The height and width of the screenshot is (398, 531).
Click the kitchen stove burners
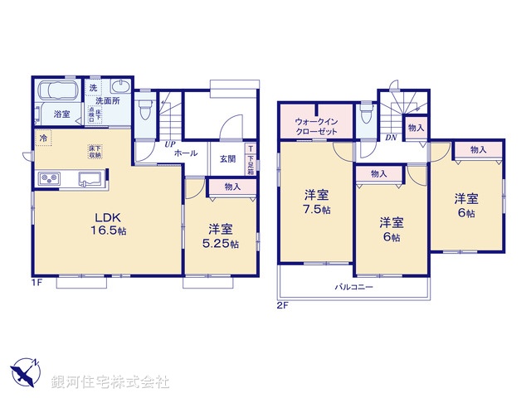point(48,178)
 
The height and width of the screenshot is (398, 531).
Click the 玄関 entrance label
point(227,159)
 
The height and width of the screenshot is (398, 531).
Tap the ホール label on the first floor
point(186,153)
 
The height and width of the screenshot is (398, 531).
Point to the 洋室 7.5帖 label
point(316,202)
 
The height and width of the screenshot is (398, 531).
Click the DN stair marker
point(390,137)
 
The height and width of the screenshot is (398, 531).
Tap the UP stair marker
point(169,144)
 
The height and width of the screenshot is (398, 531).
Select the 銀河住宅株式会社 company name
point(110,381)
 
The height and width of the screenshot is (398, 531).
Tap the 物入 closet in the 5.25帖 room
point(232,187)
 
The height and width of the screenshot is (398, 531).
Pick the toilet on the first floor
point(145,109)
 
